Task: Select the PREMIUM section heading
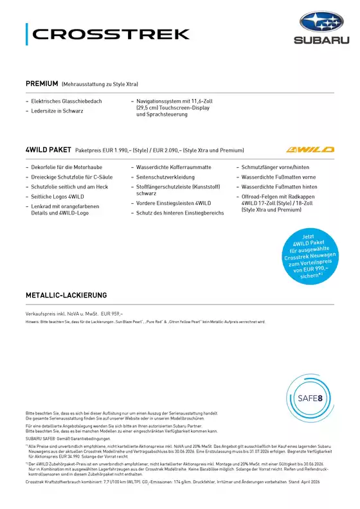click(42, 84)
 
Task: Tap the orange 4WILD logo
click(310, 149)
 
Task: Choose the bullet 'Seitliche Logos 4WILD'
click(59, 196)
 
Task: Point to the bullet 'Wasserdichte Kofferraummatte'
click(170, 166)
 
